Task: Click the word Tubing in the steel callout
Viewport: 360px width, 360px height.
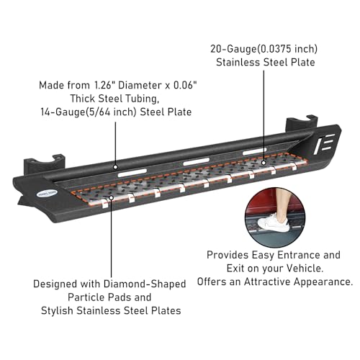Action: coord(141,99)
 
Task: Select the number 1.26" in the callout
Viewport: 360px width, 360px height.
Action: coord(104,85)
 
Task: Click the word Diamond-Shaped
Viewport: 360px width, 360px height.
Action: coord(145,284)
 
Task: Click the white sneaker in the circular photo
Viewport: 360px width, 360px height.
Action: coord(274,223)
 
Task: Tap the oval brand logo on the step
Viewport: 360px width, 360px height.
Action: coord(48,193)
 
